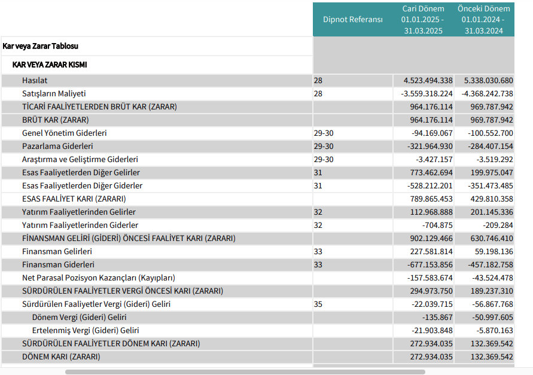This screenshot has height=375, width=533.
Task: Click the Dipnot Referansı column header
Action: click(352, 19)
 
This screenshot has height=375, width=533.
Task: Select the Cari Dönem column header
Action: click(423, 19)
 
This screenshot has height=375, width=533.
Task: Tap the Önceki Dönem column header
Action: click(484, 19)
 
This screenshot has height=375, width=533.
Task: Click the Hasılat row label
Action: click(35, 81)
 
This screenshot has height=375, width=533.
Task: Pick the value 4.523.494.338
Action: click(428, 81)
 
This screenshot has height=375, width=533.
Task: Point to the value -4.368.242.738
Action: click(487, 93)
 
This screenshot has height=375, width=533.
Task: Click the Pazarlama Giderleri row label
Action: click(57, 146)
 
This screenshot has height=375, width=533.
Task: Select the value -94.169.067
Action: click(432, 133)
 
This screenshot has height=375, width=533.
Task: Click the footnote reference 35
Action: click(318, 304)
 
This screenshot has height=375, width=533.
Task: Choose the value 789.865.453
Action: click(431, 199)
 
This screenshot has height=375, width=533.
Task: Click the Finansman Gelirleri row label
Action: click(57, 252)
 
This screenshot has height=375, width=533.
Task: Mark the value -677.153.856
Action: click(430, 264)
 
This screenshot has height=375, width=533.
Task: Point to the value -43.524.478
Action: click(492, 278)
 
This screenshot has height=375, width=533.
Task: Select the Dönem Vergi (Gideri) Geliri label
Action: click(79, 317)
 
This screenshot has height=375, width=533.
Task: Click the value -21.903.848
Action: click(432, 331)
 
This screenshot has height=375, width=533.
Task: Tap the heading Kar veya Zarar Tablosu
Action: click(41, 46)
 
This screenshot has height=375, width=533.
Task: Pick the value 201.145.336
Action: click(492, 212)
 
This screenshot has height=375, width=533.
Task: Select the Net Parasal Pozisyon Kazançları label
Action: click(99, 278)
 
